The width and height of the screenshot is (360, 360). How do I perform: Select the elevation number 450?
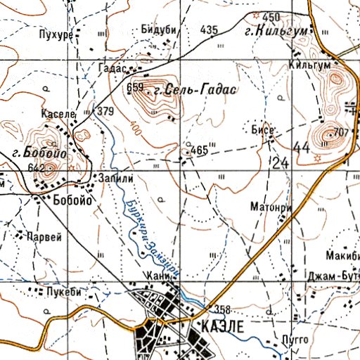(271, 17)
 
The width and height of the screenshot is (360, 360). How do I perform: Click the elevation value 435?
(209, 30)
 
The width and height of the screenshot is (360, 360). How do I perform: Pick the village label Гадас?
(112, 69)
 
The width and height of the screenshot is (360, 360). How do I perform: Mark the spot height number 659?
(135, 88)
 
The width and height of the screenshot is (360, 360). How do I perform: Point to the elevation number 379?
(105, 111)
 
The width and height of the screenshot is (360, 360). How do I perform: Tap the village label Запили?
(115, 179)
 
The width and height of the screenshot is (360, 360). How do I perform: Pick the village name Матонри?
(266, 207)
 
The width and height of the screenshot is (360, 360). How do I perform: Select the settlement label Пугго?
(294, 339)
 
